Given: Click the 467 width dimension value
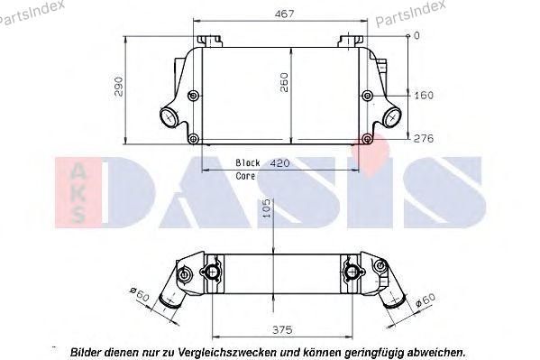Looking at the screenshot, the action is click(285, 14).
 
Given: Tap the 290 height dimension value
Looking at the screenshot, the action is click(118, 87).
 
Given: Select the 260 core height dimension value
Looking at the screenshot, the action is click(284, 82).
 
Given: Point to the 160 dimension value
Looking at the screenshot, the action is click(424, 95).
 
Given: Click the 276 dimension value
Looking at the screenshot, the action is click(424, 139).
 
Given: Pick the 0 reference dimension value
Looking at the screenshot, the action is click(416, 35).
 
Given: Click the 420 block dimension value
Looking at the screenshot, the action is click(279, 162).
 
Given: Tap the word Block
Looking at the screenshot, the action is click(248, 162).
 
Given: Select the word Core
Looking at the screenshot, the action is click(245, 176).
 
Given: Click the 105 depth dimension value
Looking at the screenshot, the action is click(268, 208).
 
